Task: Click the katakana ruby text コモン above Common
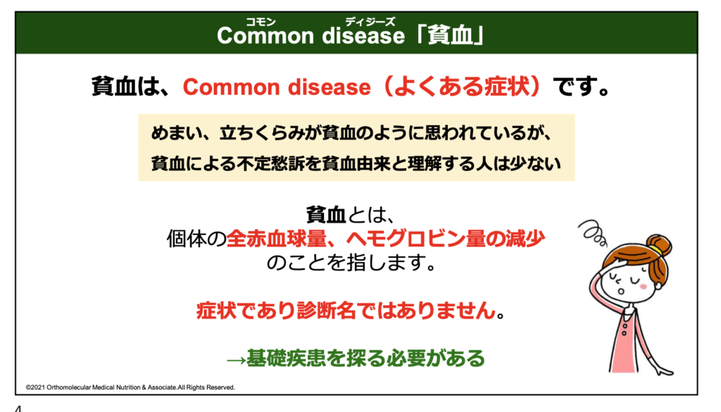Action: tap(261, 22)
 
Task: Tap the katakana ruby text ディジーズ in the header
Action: tap(370, 22)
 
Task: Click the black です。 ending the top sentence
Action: tap(581, 87)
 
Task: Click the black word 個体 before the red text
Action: tap(186, 239)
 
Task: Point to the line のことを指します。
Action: tap(351, 263)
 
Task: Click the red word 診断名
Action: tap(326, 311)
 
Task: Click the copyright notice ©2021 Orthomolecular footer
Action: tap(130, 387)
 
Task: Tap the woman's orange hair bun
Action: tap(659, 245)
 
